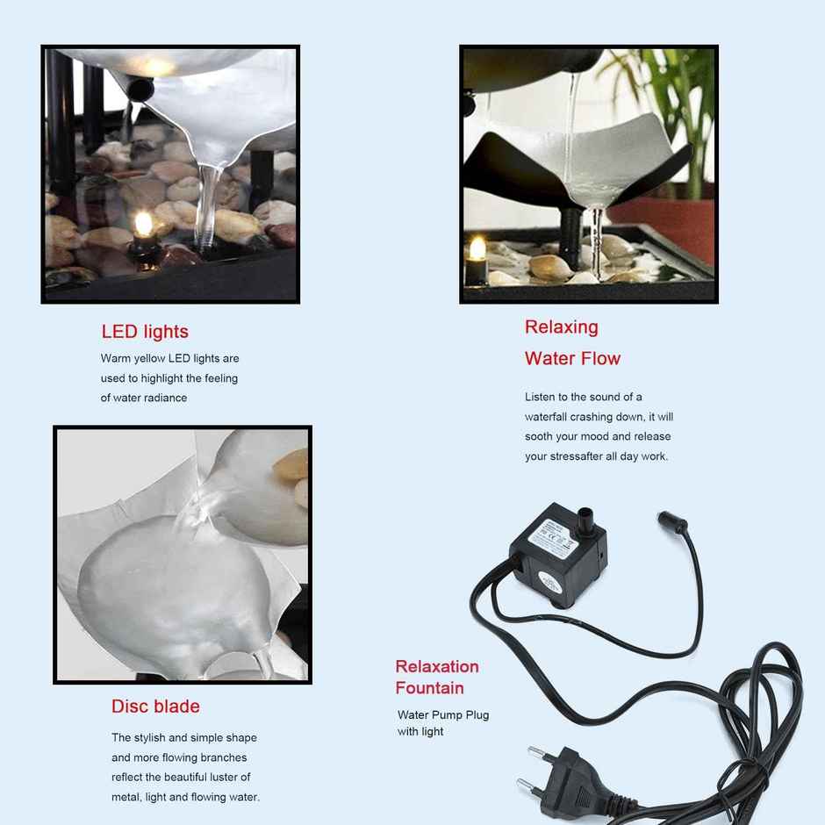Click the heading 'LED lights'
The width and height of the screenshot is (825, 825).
tap(145, 332)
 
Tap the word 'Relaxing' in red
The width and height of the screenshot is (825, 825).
tap(562, 327)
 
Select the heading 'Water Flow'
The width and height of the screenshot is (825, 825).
tap(572, 358)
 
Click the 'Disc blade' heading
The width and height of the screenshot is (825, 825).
tap(155, 707)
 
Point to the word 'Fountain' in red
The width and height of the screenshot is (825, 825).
tap(429, 688)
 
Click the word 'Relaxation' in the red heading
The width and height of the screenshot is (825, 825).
tap(437, 666)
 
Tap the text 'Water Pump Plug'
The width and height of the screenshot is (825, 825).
tap(443, 714)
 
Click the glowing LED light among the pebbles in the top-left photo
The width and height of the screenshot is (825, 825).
tap(143, 225)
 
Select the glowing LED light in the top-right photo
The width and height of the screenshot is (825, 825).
tap(477, 249)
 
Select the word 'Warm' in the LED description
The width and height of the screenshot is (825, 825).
tap(116, 358)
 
